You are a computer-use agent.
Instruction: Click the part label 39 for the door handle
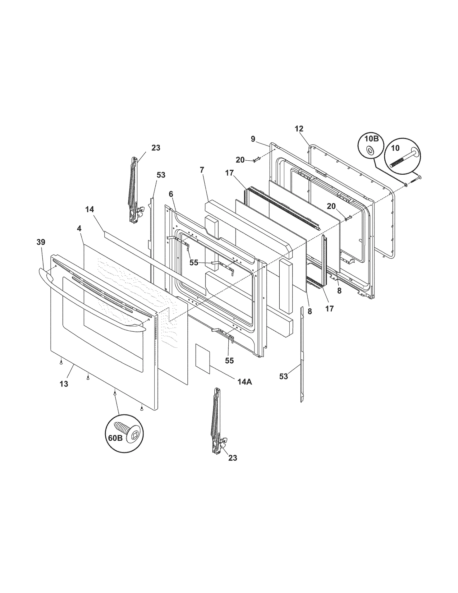click(x=41, y=242)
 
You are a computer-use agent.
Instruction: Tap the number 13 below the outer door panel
click(x=64, y=384)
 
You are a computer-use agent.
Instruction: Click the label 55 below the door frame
click(x=229, y=360)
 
